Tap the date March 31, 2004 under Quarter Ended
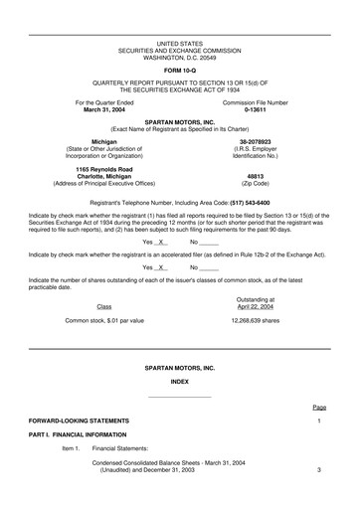pyautogui.click(x=105, y=109)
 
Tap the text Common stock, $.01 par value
pyautogui.click(x=104, y=321)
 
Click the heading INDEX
pyautogui.click(x=180, y=381)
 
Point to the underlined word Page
pyautogui.click(x=318, y=408)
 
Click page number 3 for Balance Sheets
pyautogui.click(x=319, y=469)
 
